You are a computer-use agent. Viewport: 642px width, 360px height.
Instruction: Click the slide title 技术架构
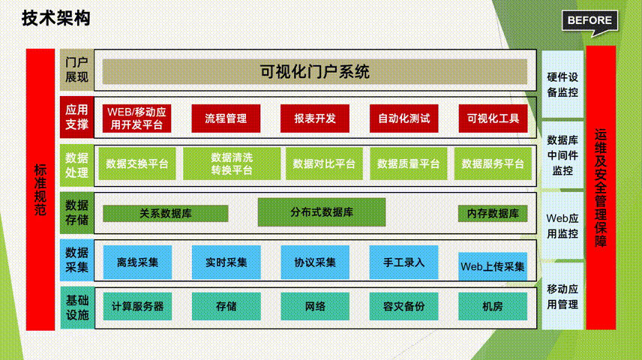(55, 19)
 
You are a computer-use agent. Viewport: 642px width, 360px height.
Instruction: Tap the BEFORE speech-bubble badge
(589, 22)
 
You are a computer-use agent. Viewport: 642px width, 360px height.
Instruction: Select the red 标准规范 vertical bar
(40, 190)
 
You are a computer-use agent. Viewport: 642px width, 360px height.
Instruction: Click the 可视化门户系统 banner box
(314, 72)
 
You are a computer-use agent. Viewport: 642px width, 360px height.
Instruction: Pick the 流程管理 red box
(226, 118)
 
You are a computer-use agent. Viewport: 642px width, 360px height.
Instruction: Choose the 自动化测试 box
(403, 118)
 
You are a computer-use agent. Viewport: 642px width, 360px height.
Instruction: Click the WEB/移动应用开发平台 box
(136, 118)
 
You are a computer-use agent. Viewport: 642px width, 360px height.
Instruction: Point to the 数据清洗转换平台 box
(232, 163)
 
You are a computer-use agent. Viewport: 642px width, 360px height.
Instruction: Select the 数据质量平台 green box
(408, 163)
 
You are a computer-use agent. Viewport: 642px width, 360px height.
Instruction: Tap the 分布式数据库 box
(322, 212)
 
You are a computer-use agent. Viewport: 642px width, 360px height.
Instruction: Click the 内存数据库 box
(493, 214)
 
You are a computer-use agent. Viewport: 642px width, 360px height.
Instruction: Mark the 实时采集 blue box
(226, 262)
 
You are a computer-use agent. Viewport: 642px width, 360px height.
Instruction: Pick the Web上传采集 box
(493, 266)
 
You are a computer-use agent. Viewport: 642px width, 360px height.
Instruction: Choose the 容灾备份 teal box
(403, 306)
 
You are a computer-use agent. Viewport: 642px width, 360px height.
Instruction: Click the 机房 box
(493, 306)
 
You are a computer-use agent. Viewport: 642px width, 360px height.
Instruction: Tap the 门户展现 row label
(76, 70)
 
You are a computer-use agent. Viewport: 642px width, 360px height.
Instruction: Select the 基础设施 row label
(77, 308)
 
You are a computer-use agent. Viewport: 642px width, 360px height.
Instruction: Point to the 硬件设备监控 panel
(562, 84)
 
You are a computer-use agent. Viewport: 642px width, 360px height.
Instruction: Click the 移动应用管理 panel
(562, 296)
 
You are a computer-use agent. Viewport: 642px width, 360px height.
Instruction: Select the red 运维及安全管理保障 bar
(601, 187)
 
